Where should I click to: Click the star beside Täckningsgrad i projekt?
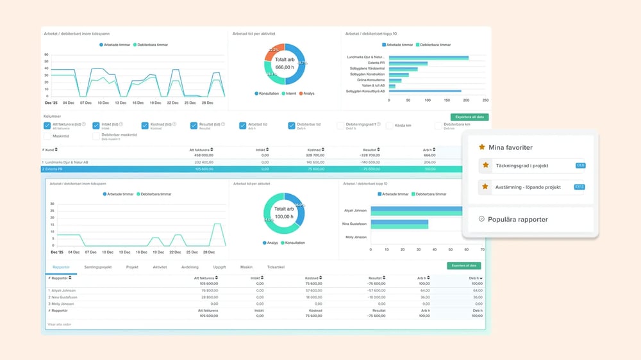click(x=486, y=166)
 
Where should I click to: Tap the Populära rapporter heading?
click(x=519, y=219)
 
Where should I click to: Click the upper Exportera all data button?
click(x=470, y=117)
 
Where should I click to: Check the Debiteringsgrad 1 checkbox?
click(x=340, y=126)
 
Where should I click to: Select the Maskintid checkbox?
click(x=47, y=136)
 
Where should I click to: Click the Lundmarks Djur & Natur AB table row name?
click(x=66, y=162)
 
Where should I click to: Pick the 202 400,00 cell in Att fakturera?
click(x=200, y=162)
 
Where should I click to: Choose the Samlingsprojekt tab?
click(x=98, y=267)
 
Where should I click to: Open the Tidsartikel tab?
click(x=275, y=267)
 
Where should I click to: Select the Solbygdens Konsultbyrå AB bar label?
click(x=365, y=91)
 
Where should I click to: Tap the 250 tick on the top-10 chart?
click(x=485, y=100)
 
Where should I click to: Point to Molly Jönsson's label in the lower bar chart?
click(x=356, y=237)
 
